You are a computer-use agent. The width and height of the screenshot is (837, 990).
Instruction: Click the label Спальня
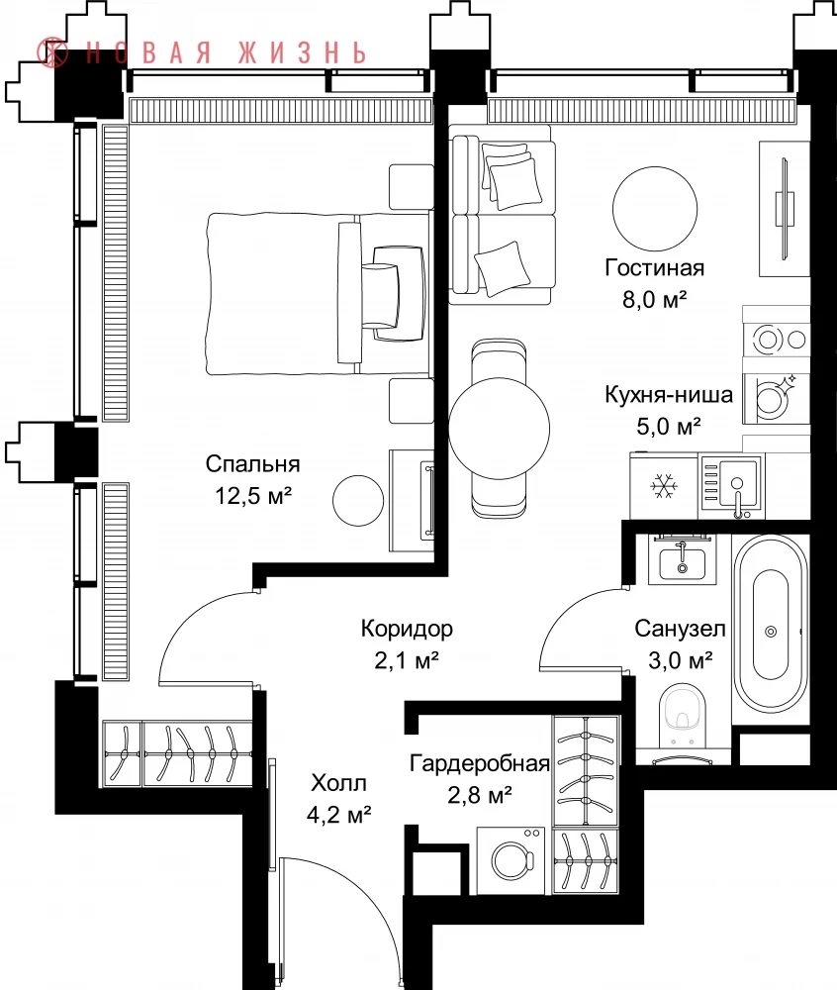[252, 464]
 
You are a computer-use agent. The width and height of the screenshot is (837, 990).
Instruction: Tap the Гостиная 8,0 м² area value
[654, 299]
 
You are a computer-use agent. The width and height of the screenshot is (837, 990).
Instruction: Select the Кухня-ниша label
[669, 395]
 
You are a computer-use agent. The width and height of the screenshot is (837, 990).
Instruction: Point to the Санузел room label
[680, 629]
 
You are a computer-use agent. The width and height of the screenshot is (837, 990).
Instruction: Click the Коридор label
[407, 629]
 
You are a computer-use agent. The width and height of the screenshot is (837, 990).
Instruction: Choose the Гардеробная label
[480, 763]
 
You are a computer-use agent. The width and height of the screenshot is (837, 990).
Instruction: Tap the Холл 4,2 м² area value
[338, 815]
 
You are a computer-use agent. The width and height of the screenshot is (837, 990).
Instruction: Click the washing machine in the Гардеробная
[511, 860]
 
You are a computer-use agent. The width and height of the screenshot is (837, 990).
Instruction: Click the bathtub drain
[770, 632]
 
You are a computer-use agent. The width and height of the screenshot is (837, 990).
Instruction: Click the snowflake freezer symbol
[664, 486]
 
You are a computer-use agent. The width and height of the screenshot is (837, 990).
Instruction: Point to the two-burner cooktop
[776, 340]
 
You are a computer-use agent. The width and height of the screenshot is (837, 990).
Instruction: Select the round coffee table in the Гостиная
[655, 209]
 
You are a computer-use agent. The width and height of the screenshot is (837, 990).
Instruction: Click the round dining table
[499, 429]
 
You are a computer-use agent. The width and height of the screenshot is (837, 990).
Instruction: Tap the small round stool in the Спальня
[358, 500]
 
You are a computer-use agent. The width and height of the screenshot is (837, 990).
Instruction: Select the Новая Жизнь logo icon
[52, 51]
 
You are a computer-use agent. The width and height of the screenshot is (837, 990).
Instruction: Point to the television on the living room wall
[786, 208]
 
